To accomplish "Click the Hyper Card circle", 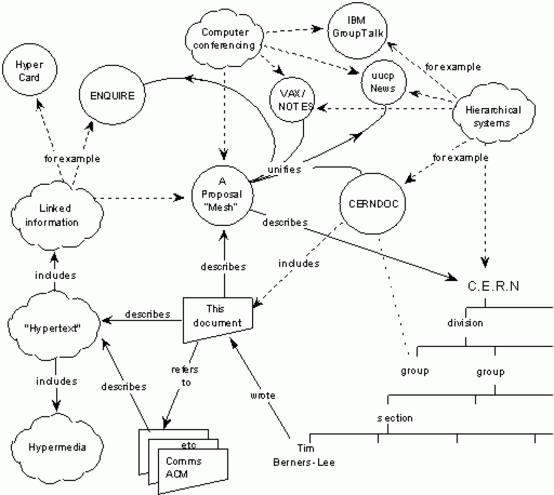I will pos(29,71).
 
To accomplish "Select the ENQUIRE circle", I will pos(112,96).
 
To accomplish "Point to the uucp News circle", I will pos(383,82).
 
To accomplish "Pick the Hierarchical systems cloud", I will pos(492,116).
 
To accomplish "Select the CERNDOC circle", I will pos(373,203).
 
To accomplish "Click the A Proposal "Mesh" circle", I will pos(223,195).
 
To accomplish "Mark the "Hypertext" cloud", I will pos(53,328).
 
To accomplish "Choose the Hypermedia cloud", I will pos(57,447).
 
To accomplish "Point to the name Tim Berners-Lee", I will pos(304,455).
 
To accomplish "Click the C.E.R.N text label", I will pos(493,286).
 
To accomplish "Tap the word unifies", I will pos(284,169).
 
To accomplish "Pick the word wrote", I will pos(263,396).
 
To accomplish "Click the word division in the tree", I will pos(465,323).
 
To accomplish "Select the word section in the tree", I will pos(395,418).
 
